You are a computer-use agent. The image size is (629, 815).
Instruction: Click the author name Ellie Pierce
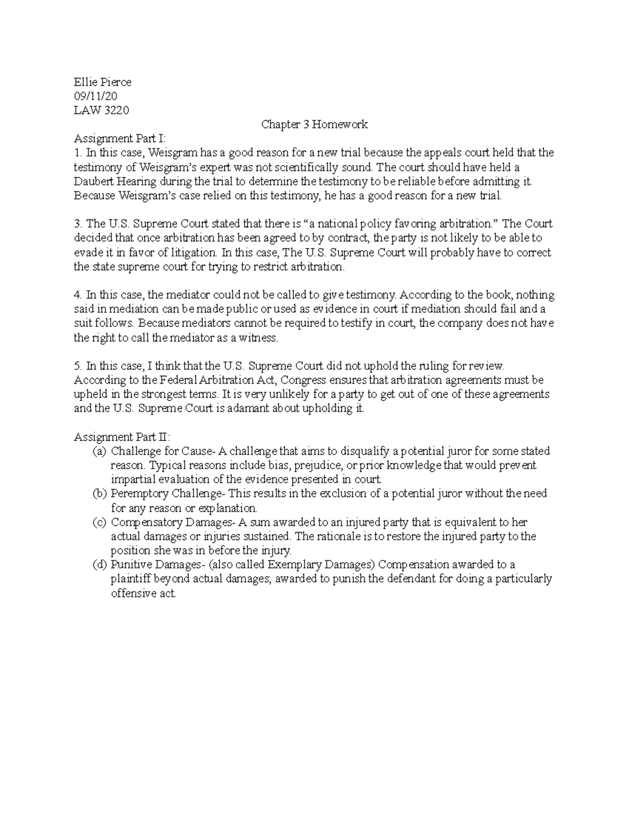[x=102, y=82]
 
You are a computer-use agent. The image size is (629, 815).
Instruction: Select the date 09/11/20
[x=96, y=96]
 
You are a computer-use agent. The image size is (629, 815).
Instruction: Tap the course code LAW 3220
[x=101, y=110]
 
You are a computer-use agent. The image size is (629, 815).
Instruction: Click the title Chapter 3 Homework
[x=314, y=124]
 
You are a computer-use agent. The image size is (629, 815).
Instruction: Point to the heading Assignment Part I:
[x=120, y=139]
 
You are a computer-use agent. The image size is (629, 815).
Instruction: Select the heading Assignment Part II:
[x=122, y=437]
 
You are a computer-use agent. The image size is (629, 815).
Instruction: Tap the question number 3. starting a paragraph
[x=78, y=224]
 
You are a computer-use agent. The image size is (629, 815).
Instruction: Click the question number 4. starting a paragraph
[x=78, y=295]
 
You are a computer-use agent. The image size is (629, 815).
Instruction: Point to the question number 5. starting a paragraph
[x=78, y=366]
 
